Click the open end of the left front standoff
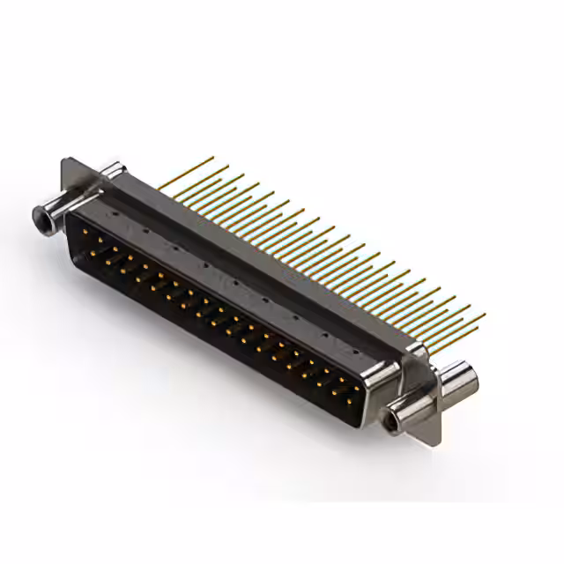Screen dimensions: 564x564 [38, 212]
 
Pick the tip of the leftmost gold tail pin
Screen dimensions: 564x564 [213, 158]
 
